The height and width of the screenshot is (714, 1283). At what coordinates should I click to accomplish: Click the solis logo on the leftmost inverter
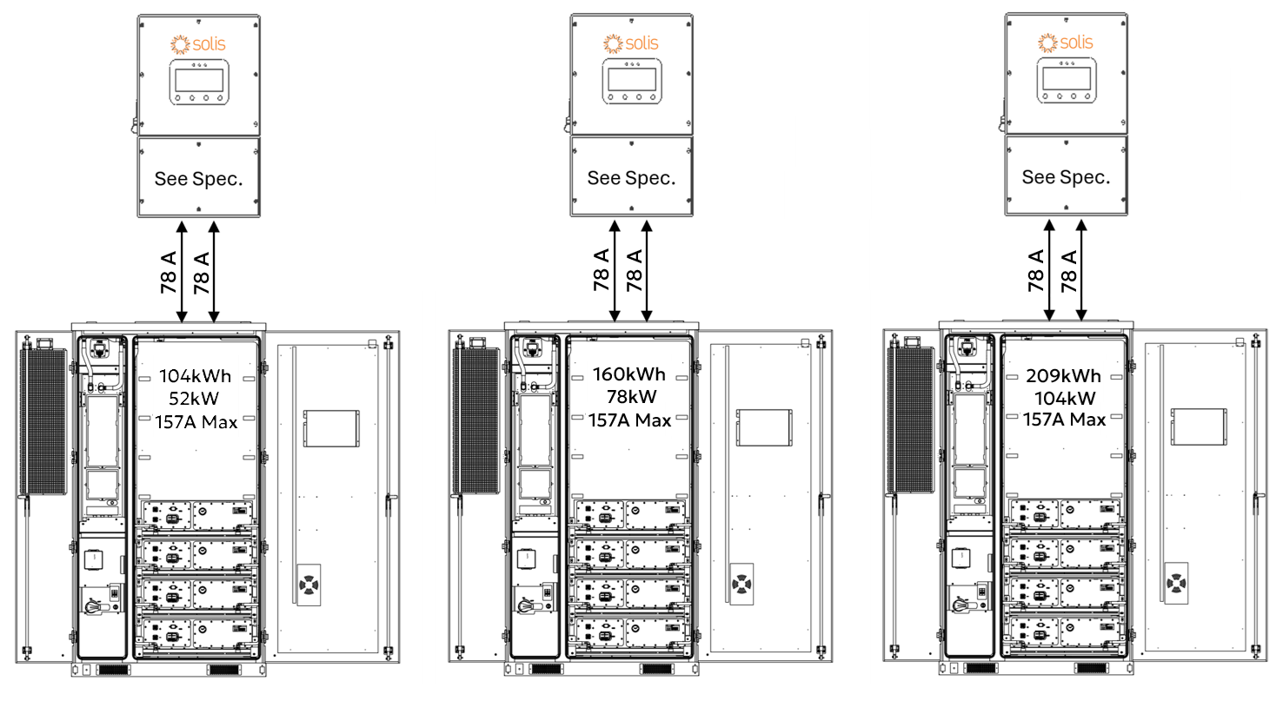point(199,43)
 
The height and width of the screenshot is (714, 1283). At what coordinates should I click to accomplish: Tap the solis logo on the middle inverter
point(632,43)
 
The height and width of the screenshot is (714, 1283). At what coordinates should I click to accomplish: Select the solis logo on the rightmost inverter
point(1066,42)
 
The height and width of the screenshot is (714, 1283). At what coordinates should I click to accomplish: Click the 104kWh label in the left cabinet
point(196,377)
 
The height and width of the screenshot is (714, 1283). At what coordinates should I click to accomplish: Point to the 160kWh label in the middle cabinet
point(628,374)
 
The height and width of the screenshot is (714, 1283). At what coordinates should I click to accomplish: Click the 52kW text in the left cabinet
point(196,400)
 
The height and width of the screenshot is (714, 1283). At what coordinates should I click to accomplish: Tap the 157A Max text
point(196,423)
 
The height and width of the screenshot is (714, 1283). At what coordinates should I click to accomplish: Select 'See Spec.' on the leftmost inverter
point(198,179)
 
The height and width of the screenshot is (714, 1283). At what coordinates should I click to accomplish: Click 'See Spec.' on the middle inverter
point(631,178)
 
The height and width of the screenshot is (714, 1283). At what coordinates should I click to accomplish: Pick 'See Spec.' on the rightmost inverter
point(1066,177)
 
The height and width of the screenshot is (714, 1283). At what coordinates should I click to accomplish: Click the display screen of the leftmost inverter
point(199,81)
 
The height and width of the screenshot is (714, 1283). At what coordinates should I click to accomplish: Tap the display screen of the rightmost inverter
point(1066,80)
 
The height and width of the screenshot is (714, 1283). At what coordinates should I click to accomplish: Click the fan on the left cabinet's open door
point(309,585)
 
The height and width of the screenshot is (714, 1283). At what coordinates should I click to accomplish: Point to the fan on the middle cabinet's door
point(741,585)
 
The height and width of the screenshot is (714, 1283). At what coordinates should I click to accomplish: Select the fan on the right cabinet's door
point(1176,583)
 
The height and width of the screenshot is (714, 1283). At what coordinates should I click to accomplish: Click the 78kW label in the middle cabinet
point(630,397)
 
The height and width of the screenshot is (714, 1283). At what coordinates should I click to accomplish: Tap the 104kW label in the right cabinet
point(1064,399)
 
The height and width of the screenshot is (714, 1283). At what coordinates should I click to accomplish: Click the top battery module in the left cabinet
point(197,516)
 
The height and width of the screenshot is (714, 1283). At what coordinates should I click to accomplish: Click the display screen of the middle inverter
point(632,81)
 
